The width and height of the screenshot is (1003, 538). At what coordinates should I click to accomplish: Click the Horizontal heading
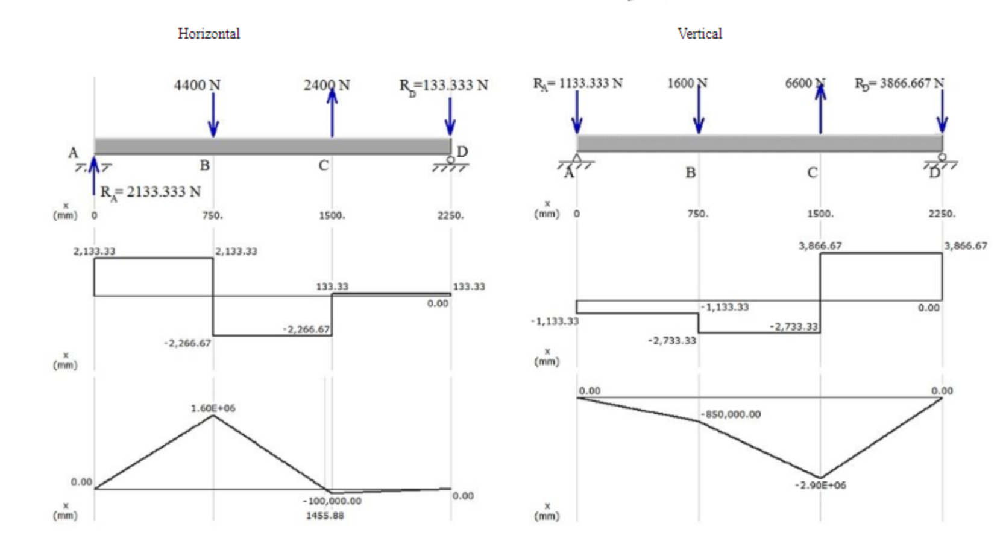(209, 34)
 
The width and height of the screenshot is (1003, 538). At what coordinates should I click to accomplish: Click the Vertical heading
(699, 34)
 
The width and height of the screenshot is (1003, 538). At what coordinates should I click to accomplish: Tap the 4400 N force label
(197, 85)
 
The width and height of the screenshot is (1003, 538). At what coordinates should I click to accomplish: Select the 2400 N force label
(326, 85)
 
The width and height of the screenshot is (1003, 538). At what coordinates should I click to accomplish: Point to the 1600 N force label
(687, 83)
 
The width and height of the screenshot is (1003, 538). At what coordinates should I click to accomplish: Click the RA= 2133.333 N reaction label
(150, 192)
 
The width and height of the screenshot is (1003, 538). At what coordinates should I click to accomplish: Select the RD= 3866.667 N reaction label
(899, 83)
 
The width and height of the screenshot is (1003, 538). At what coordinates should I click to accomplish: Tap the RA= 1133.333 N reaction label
(577, 83)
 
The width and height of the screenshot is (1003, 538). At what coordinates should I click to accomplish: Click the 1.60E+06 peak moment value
(213, 408)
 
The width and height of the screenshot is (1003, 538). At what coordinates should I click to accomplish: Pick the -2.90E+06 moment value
(820, 485)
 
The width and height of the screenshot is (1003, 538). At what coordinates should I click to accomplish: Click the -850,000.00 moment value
(731, 414)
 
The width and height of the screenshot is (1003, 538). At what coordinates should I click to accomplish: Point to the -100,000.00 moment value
(332, 501)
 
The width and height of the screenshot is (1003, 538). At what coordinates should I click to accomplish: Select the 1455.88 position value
(325, 516)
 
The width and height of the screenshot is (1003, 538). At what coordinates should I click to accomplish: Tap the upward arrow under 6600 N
(820, 109)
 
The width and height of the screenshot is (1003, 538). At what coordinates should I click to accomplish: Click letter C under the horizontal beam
(324, 165)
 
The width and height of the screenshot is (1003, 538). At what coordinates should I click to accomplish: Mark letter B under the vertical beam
(691, 172)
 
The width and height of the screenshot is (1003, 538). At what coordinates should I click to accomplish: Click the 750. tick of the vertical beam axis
(698, 214)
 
